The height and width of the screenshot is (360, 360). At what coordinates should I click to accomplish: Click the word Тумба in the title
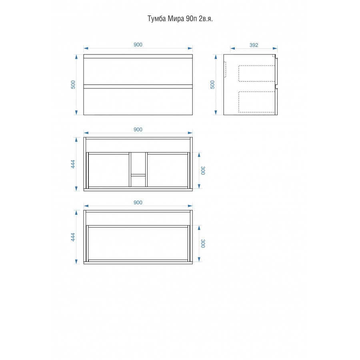[x=156, y=19]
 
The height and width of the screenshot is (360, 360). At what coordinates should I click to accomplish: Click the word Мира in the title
[x=176, y=18]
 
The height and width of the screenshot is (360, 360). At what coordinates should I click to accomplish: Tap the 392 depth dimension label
[x=254, y=45]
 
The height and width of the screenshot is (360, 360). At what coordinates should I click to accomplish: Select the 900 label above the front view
[x=138, y=44]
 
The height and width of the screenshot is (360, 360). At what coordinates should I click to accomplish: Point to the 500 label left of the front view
[x=73, y=84]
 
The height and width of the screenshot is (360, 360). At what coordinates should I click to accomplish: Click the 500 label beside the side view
[x=212, y=84]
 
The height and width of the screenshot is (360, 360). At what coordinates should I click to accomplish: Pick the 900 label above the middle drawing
[x=138, y=130]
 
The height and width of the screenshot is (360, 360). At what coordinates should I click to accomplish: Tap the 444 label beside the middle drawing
[x=73, y=164]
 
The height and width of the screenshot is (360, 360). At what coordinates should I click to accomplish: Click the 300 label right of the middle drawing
[x=203, y=170]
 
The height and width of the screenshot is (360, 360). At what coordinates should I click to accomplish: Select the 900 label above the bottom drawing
[x=138, y=202]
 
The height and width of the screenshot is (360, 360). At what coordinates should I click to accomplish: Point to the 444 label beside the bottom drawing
[x=73, y=237]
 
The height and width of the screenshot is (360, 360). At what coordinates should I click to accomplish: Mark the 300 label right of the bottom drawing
[x=203, y=243]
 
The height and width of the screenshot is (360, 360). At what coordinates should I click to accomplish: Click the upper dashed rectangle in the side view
[x=257, y=66]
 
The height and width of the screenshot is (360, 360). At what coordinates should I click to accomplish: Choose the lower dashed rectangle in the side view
[x=257, y=92]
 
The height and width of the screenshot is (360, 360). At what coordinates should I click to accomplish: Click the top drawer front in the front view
[x=138, y=71]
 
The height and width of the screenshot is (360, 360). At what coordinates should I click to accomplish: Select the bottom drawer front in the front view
[x=138, y=102]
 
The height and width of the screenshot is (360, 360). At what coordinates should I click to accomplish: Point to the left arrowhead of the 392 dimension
[x=232, y=48]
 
